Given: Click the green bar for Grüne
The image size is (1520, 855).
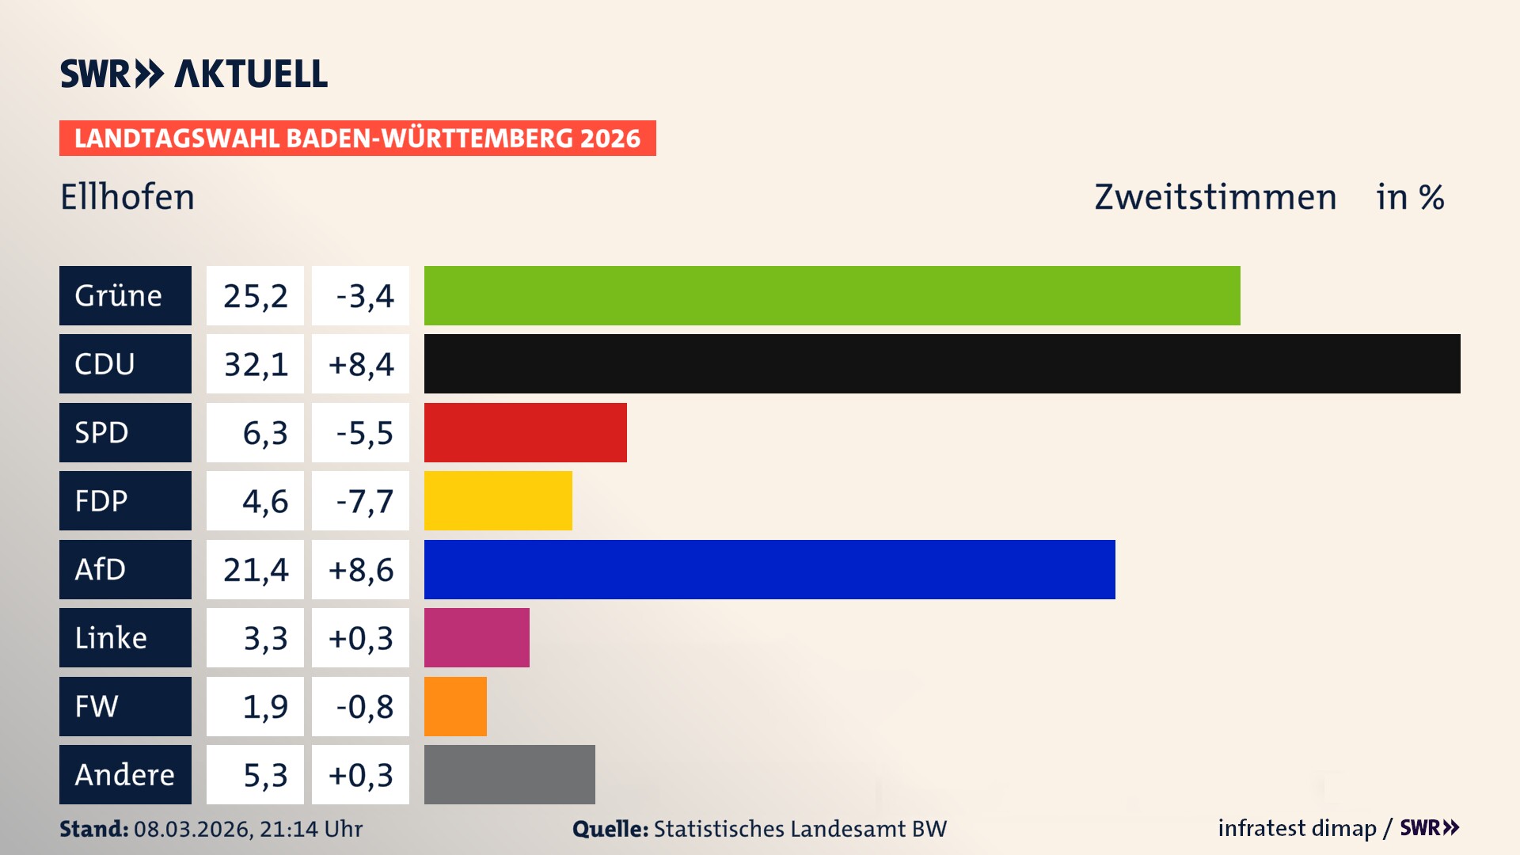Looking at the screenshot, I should (x=831, y=295).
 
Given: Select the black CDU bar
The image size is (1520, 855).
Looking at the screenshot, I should (x=942, y=363).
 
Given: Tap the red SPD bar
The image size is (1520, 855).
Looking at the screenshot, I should (x=525, y=432).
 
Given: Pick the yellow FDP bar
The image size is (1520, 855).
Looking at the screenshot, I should (x=498, y=500).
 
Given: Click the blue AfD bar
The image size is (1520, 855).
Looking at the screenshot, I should (x=769, y=569).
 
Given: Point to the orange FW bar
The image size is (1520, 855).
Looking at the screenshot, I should (x=455, y=706).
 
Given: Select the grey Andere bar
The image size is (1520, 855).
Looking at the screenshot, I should (x=509, y=774).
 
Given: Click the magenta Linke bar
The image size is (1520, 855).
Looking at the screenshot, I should (x=477, y=637).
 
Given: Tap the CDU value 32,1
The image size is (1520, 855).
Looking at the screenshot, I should (x=255, y=364).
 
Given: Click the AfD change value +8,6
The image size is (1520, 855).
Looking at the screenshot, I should (x=361, y=569).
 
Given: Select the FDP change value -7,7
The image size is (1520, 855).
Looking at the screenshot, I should (x=363, y=501).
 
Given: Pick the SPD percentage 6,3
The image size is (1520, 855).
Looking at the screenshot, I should (x=264, y=433).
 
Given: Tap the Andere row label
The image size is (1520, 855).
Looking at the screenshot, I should (x=125, y=774).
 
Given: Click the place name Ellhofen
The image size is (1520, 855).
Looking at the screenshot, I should (x=127, y=197).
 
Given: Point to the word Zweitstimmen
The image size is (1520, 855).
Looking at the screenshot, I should (x=1215, y=197).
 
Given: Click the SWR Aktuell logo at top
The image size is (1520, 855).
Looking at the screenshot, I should (x=194, y=74).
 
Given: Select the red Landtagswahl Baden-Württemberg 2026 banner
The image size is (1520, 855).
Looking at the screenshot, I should (x=357, y=138).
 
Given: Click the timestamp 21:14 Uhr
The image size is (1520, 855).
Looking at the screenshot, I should (x=310, y=829).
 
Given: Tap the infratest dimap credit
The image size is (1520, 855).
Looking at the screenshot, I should (x=1296, y=828).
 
